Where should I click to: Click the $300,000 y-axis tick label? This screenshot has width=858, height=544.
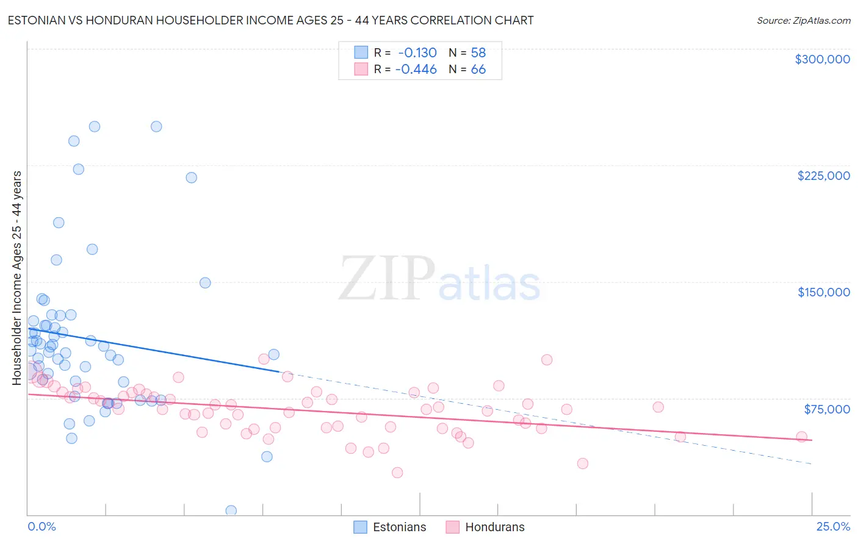coord(822,59)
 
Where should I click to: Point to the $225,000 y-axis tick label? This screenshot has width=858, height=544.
coord(823,176)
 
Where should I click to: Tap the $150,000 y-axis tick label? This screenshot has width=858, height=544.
coord(823,292)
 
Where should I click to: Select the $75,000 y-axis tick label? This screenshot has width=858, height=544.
coord(826,409)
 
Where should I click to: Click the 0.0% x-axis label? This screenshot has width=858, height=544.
coord(41,527)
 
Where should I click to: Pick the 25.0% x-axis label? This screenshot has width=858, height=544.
coord(833,527)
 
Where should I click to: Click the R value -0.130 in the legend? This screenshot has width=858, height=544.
coord(417,53)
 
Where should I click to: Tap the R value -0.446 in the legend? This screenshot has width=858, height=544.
coord(416,70)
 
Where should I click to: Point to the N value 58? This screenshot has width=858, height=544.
coord(478,53)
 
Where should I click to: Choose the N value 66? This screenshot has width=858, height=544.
coord(478,70)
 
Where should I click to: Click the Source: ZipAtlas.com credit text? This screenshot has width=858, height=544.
coord(803,21)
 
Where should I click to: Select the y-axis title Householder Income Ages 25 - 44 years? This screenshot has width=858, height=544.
coord(17,278)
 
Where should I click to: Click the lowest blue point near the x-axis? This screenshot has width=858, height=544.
coord(231,510)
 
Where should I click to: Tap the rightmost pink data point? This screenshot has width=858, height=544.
coord(802,437)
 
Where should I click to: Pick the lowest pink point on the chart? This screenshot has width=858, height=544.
coord(397,473)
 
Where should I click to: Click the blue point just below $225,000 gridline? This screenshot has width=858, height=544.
coord(192,177)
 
